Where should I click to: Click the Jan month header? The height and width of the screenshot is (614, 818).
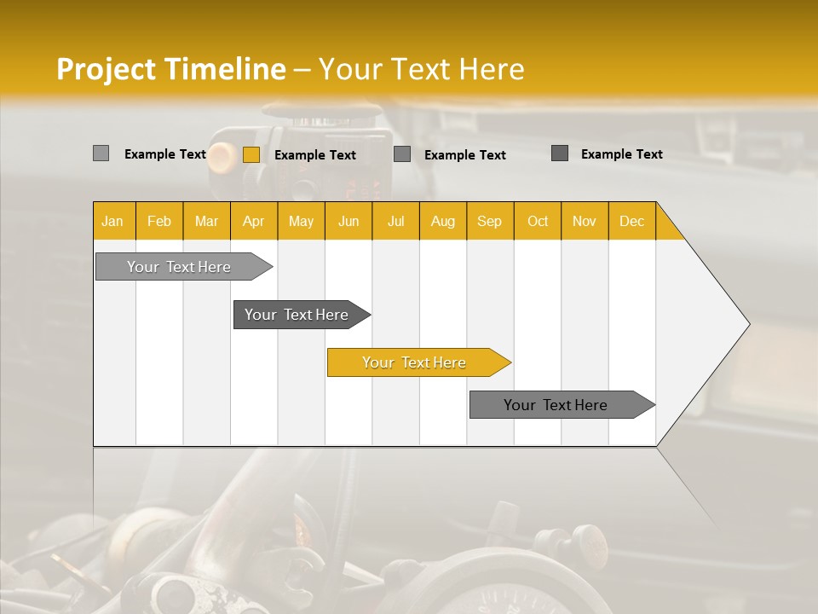[x=112, y=221]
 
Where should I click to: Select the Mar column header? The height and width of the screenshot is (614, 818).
[x=206, y=221]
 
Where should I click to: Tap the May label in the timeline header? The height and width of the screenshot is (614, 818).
[x=301, y=221]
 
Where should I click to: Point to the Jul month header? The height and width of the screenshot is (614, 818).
[x=395, y=221]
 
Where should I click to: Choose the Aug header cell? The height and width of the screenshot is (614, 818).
[x=442, y=221]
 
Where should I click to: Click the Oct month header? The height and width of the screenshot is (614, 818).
[x=538, y=221]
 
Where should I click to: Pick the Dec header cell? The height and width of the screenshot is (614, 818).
[x=631, y=221]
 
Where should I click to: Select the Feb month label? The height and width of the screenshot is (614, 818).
[x=159, y=221]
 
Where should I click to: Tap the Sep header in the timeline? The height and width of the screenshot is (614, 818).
[x=489, y=221]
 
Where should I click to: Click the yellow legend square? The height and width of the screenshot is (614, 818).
[x=251, y=154]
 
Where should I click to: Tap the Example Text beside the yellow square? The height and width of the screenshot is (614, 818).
[x=315, y=155]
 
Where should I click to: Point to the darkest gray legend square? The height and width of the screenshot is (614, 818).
[x=560, y=153]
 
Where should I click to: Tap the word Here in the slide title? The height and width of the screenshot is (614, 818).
[x=492, y=69]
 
